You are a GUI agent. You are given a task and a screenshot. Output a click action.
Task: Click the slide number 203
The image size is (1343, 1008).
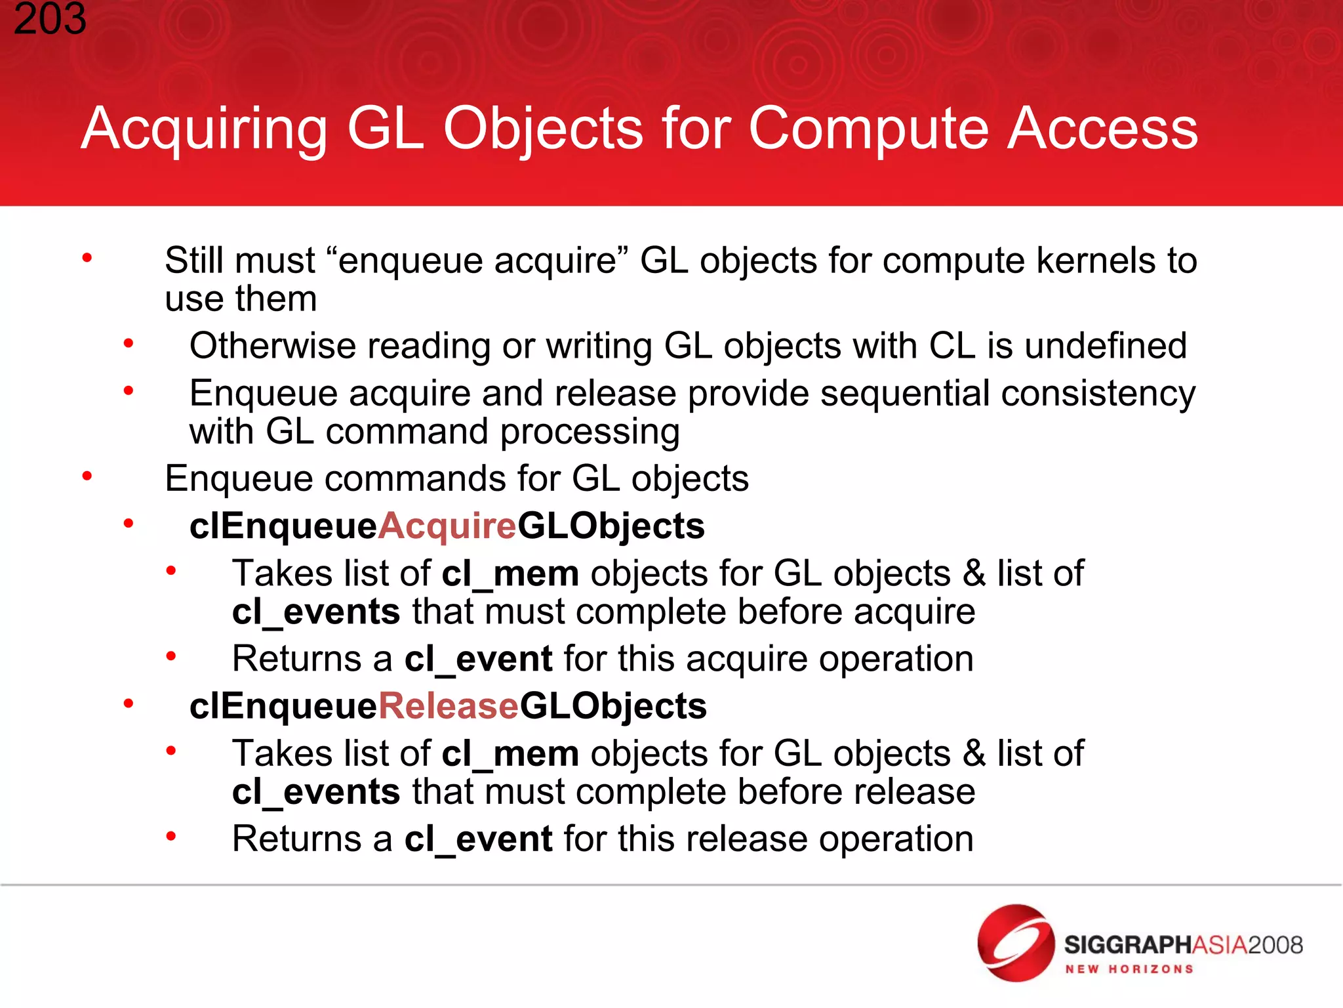[50, 18]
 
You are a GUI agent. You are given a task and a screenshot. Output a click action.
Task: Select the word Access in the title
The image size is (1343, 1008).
[1102, 129]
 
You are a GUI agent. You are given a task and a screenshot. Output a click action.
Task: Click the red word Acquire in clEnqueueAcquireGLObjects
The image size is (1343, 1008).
[447, 526]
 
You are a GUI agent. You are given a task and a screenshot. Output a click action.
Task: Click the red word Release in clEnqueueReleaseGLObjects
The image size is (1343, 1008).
[449, 706]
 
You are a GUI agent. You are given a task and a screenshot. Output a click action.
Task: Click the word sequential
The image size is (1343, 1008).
[905, 394]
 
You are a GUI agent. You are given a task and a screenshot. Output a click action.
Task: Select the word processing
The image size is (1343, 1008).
[590, 432]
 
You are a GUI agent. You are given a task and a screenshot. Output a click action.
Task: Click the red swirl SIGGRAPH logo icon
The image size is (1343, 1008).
[1015, 943]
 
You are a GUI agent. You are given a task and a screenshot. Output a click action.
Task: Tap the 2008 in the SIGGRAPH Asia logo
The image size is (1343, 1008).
[1275, 945]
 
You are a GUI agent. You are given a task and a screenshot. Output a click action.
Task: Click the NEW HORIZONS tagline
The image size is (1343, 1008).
[1129, 969]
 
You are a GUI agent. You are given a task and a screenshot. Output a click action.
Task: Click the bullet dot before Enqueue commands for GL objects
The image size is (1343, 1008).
[87, 476]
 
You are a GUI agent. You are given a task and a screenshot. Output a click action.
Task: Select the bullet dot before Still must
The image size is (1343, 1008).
[87, 259]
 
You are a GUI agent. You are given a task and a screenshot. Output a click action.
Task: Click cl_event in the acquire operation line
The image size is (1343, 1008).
[478, 659]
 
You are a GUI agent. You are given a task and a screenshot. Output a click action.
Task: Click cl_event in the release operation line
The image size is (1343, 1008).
[478, 839]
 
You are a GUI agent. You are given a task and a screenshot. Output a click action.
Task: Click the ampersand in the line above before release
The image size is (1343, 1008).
[974, 754]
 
